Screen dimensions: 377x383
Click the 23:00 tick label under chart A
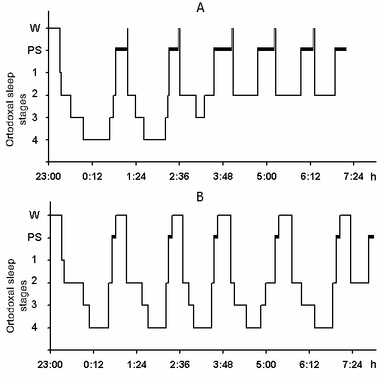pos(47,178)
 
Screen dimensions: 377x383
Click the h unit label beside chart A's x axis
pos(373,177)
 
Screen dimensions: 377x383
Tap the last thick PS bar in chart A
pos(340,49)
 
